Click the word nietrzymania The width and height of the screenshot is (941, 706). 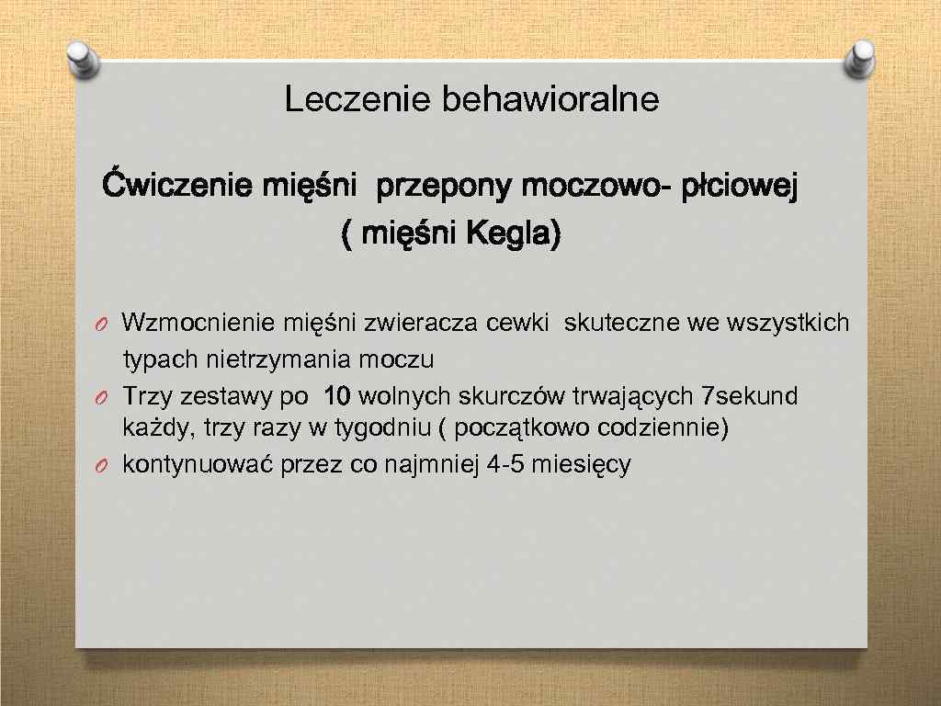pos(246,358)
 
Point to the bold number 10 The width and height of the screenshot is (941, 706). pos(337,396)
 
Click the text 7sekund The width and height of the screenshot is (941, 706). pos(749,396)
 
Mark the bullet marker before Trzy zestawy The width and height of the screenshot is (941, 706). pos(106,397)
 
